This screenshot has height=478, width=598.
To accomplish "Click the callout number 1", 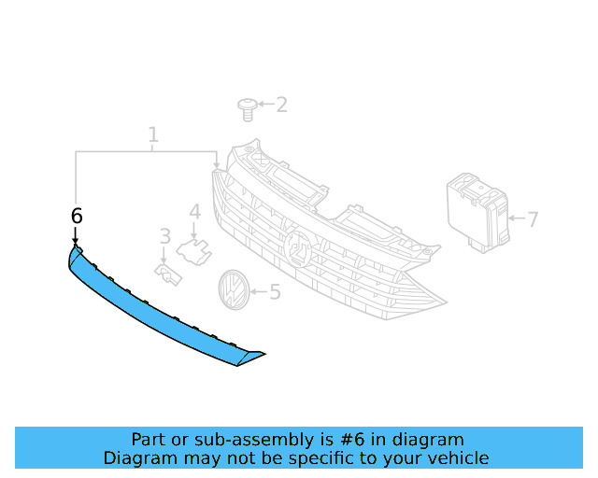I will tap(153, 136).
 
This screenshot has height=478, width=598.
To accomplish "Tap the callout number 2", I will tap(280, 105).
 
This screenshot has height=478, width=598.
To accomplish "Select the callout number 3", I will tap(164, 237).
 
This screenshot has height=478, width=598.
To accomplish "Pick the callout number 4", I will tap(194, 213).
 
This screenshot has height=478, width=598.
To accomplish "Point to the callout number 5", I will tap(274, 293).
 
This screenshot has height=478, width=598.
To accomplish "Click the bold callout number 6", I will tap(77, 216).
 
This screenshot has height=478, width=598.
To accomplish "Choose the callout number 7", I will tap(533, 220).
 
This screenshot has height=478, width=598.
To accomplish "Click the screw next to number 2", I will tap(248, 109).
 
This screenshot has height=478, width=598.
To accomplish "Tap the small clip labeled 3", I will tap(168, 274).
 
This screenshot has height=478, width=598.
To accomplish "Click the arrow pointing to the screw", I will tap(266, 105).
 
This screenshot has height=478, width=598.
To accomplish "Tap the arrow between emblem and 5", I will tap(258, 293).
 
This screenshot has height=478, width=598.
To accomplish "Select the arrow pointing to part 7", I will tap(517, 220).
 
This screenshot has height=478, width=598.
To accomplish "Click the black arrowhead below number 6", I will tap(75, 242).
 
